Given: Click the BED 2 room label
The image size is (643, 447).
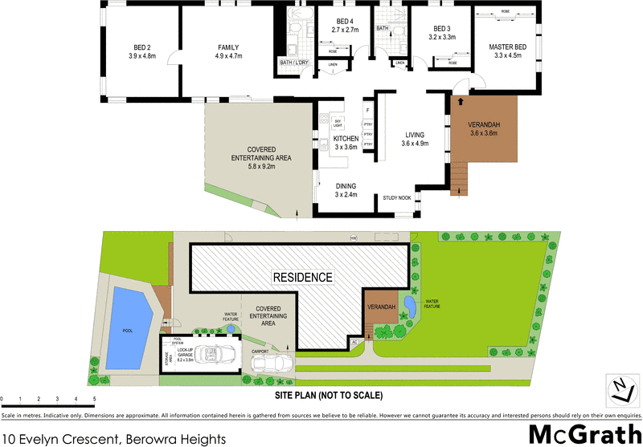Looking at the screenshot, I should pos(141,51).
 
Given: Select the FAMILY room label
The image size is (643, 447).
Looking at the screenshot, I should pos(229,51).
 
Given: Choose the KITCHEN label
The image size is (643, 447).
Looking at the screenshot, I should pos(346,143).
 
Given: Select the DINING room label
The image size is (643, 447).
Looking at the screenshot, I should pos(345,189).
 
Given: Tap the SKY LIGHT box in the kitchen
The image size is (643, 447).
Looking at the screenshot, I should pos(327,122).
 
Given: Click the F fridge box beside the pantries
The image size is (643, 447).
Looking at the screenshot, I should pos(367,110).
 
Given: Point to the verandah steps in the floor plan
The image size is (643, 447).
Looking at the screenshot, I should pos(457,178).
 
